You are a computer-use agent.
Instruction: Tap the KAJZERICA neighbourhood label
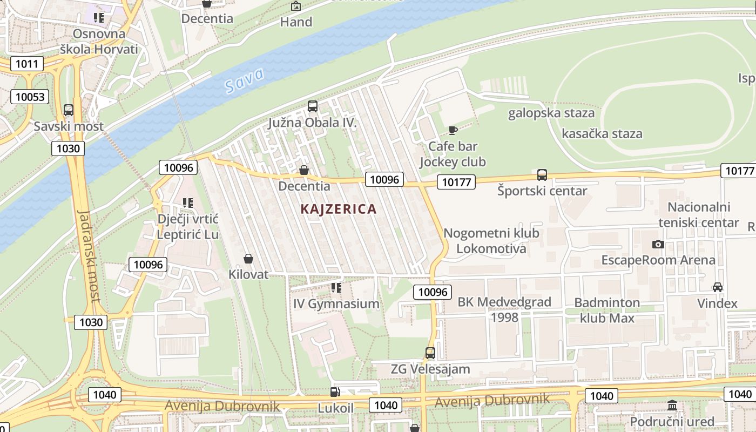338,209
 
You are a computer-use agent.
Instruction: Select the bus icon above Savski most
69,110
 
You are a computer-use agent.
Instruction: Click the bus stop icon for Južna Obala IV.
313,106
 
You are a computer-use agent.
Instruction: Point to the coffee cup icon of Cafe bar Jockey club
453,130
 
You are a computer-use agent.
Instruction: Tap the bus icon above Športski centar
542,175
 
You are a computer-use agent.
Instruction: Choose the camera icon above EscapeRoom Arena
658,244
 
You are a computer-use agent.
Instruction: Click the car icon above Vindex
717,287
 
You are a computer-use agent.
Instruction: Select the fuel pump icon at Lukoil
335,392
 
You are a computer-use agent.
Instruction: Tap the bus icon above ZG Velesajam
430,353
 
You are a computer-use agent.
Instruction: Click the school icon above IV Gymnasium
336,288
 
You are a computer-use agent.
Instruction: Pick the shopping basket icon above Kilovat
248,259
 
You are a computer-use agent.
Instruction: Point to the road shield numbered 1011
26,64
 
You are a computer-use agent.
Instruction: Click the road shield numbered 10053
30,97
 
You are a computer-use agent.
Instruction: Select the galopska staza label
551,113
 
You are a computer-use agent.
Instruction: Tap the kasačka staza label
602,134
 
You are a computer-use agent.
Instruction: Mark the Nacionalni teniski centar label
698,214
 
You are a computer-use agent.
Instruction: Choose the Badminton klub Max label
607,310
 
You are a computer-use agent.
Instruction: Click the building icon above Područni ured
672,406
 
